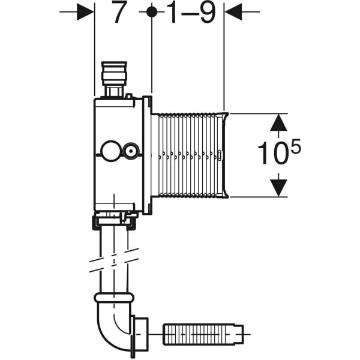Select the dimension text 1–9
pyautogui.click(x=191, y=13)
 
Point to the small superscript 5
pyautogui.click(x=295, y=145)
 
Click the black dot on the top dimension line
pyautogui.click(x=152, y=11)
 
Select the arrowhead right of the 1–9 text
pyautogui.click(x=232, y=11)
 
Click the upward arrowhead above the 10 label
pyautogui.click(x=277, y=123)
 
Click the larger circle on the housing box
pyautogui.click(x=110, y=150)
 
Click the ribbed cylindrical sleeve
pyautogui.click(x=189, y=155)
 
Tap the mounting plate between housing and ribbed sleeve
pyautogui.click(x=148, y=155)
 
